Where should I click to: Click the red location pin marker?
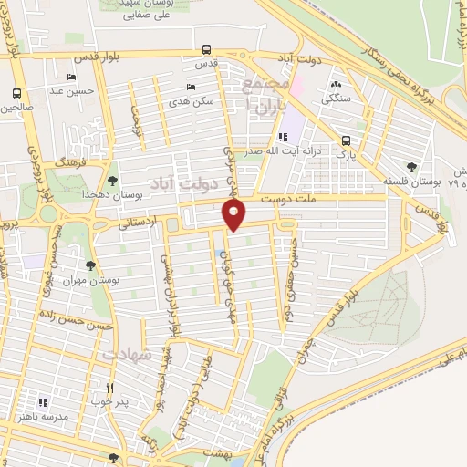[234, 214]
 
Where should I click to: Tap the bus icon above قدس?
[207, 50]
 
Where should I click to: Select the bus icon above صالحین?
[16, 93]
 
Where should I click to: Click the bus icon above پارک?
[346, 140]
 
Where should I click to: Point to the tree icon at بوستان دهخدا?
[113, 182]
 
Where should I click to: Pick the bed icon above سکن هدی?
[190, 88]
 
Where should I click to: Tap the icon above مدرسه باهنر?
[42, 401]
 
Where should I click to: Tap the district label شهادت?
[127, 353]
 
